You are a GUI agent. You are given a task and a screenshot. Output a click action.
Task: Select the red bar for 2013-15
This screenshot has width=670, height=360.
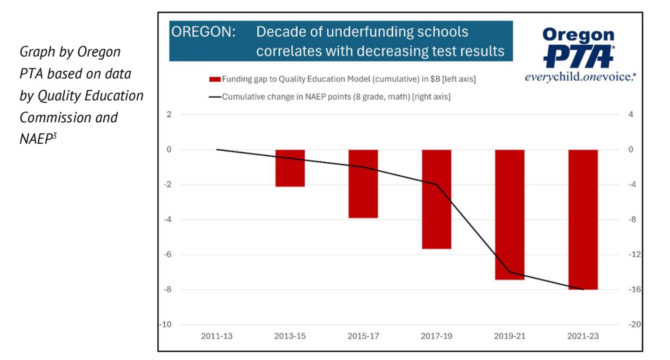290,168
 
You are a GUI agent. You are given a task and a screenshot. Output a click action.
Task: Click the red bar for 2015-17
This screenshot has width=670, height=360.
363,184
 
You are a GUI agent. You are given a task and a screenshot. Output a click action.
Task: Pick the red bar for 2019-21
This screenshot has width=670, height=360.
509,214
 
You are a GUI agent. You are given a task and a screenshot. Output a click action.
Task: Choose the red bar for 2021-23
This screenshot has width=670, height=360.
583,220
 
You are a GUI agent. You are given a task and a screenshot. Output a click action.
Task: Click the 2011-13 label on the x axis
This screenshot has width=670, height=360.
217,336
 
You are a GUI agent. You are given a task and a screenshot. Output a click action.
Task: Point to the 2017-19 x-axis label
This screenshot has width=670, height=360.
436,336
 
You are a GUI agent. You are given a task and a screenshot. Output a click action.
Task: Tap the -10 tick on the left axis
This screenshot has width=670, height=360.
165,325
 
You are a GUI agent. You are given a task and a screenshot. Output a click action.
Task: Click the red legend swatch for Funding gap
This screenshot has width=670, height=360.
214,80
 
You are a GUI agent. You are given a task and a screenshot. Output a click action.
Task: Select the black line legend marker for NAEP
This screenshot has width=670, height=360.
214,97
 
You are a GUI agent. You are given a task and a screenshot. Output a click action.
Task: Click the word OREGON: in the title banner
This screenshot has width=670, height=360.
203,33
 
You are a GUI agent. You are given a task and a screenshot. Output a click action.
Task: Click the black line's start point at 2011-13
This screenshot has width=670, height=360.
217,150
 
